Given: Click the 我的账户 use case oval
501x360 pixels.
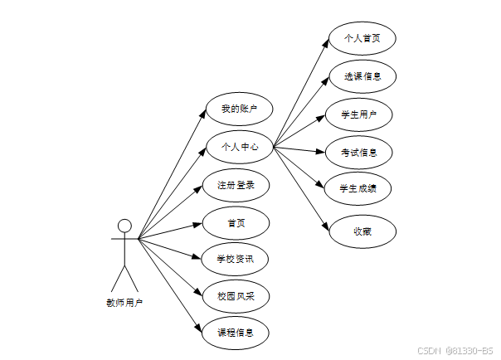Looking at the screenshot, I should pos(239,109).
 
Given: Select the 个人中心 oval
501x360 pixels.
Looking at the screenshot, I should pos(239,148).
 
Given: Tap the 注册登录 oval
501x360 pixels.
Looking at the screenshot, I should pos(236,185).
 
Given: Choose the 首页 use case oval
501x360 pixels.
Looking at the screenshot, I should pos(236,223).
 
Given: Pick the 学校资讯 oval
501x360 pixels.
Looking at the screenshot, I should pos(236,260).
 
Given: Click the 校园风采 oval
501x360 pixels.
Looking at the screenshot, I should pos(236,296).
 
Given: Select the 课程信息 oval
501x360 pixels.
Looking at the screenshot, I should pos(236,333).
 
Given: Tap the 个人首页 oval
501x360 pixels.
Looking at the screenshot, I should pos(361,38).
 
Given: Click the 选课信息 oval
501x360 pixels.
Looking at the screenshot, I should pos(362,76).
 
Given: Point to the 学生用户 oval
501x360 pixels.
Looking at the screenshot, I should pos(359,114).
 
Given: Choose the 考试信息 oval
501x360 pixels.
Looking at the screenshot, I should pos(359,152).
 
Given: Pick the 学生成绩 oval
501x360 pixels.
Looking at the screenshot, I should pos(359,188).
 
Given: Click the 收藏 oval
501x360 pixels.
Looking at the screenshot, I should pos(362,231).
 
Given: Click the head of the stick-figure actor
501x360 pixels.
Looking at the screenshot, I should pos(124,226).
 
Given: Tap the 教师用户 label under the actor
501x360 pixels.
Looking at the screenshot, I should pos(124,303).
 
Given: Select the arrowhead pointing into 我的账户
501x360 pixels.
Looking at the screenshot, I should pos(202,115).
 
